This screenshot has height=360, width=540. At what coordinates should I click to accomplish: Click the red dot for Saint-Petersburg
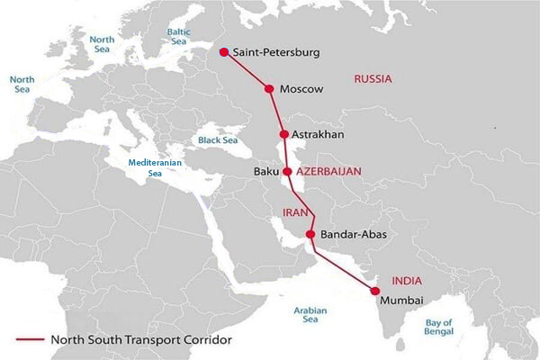223,52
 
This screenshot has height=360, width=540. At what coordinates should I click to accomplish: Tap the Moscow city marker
268,88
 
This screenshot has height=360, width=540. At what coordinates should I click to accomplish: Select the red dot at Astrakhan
284,134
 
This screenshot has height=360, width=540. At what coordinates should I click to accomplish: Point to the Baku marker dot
287,170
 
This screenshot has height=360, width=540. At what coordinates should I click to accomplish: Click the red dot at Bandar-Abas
310,235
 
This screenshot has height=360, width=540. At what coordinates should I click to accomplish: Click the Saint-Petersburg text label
275,53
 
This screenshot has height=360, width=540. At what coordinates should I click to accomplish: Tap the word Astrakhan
319,135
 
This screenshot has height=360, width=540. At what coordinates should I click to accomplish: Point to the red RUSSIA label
373,79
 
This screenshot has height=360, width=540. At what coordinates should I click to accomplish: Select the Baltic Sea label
177,36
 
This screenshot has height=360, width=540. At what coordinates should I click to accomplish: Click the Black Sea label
217,140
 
